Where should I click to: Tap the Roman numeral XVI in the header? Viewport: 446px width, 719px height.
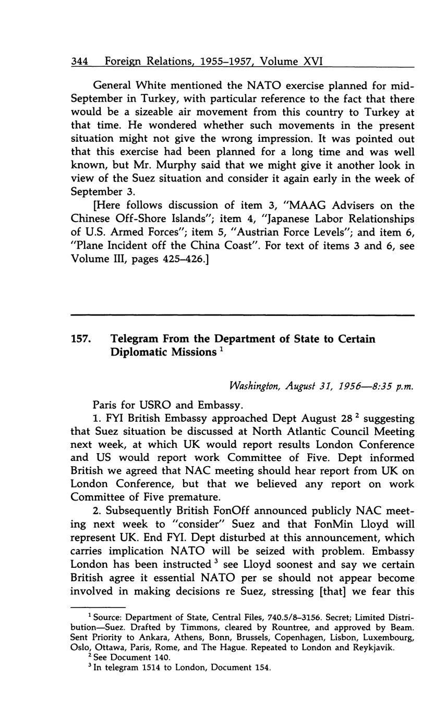(314, 62)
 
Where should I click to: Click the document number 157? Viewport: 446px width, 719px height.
(81, 339)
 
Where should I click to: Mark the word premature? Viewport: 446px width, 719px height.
(166, 497)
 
